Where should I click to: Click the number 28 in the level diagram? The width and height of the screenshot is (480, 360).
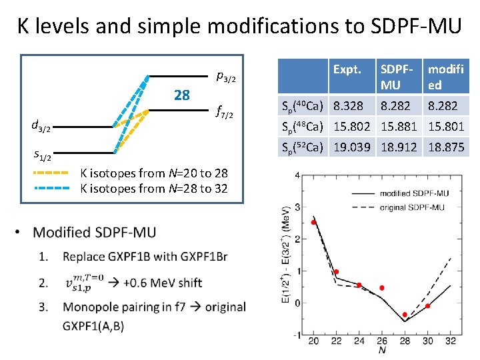coord(181,95)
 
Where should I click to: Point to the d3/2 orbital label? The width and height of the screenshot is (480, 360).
coord(41,125)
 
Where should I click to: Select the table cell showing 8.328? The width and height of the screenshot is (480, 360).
coord(348,106)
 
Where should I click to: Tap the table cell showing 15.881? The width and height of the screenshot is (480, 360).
coord(399,127)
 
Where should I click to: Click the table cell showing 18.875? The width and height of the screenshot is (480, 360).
coord(446,147)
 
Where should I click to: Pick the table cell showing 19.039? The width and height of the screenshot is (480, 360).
coord(352,147)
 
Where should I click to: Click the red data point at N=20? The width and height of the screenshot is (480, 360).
coord(314,222)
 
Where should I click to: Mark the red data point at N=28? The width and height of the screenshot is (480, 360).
coord(405,315)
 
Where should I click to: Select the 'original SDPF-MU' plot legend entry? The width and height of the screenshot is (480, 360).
coord(411,207)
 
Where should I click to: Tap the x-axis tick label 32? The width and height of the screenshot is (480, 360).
coord(450,341)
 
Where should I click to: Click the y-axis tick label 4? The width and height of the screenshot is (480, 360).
coord(297,175)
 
